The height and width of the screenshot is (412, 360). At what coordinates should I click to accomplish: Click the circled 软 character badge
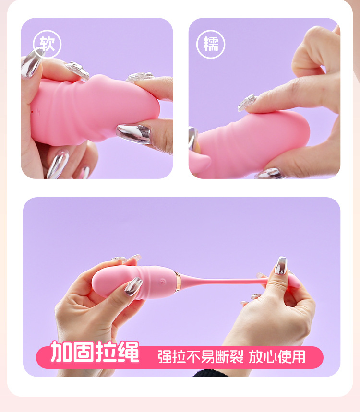click(47, 44)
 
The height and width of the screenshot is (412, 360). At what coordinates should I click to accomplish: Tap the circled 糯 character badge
click(211, 44)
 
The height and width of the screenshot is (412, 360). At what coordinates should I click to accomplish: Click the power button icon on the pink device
click(163, 282)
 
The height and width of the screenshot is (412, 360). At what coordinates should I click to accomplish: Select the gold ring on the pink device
click(178, 282)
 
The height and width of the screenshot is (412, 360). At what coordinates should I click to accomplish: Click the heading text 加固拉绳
click(95, 352)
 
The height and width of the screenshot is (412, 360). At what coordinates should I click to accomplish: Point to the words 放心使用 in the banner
click(277, 356)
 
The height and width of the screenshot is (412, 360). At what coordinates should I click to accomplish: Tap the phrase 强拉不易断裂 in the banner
click(201, 356)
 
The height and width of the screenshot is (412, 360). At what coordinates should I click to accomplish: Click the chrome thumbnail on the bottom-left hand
click(133, 286)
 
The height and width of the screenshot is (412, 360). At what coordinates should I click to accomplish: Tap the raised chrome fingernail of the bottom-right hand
click(281, 265)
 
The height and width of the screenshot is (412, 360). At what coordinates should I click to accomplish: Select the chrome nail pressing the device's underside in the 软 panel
click(133, 134)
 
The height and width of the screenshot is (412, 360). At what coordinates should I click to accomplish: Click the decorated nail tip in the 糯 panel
click(247, 103)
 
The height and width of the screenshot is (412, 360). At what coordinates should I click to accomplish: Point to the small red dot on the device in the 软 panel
click(32, 112)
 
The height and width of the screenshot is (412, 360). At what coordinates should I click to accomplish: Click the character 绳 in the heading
click(128, 352)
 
